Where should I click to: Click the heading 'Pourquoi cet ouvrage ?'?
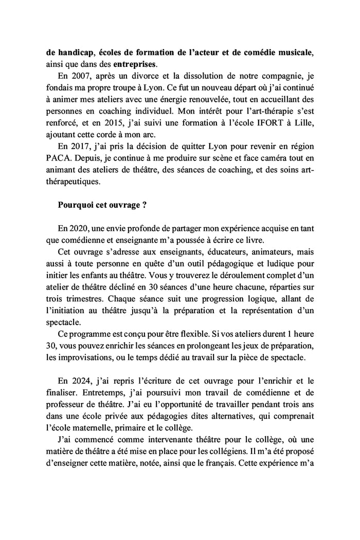pos(103,204)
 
